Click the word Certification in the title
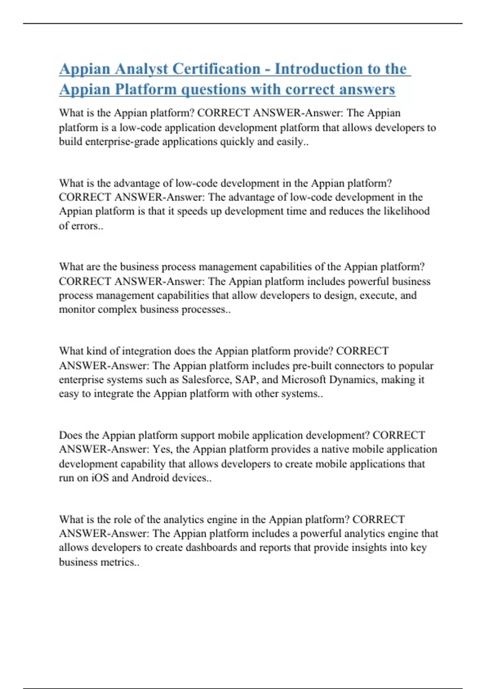pyautogui.click(x=216, y=69)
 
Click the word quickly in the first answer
pyautogui.click(x=236, y=142)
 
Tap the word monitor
pyautogui.click(x=77, y=309)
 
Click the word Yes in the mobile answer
pyautogui.click(x=161, y=449)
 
